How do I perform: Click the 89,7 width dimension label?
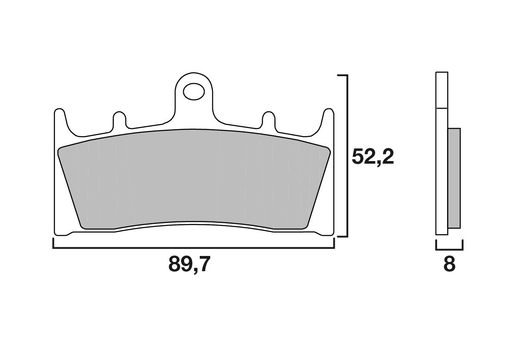click(x=189, y=264)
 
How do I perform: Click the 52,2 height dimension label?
click(x=373, y=157)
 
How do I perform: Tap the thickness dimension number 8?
click(x=449, y=264)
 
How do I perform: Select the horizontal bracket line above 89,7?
click(x=194, y=248)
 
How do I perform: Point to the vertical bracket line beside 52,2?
click(x=347, y=156)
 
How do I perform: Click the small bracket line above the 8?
click(x=449, y=249)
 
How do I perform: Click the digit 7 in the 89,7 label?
click(x=203, y=264)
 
